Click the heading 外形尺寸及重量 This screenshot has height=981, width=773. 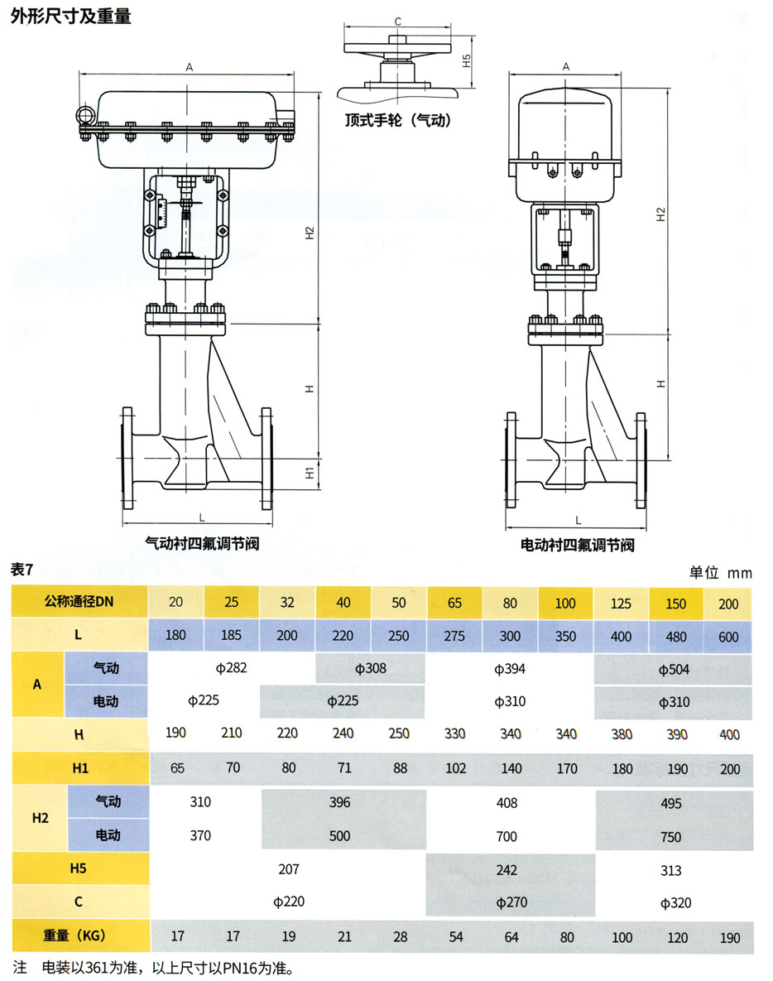pyautogui.click(x=70, y=17)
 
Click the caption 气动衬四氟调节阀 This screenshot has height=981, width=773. pyautogui.click(x=203, y=544)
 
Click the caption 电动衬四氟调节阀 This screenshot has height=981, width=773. pyautogui.click(x=578, y=545)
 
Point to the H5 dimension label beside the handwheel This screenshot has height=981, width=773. pyautogui.click(x=467, y=60)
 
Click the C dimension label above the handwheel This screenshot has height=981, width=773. pyautogui.click(x=398, y=22)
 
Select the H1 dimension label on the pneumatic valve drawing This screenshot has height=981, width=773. pyautogui.click(x=308, y=473)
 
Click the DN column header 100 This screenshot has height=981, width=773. pyautogui.click(x=565, y=603)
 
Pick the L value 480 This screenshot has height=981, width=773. pyautogui.click(x=676, y=637)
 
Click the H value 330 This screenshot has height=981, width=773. pyautogui.click(x=454, y=734)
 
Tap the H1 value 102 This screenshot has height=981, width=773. pyautogui.click(x=454, y=768)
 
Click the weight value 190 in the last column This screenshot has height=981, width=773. pyautogui.click(x=729, y=938)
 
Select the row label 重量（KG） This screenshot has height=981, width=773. pyautogui.click(x=80, y=937)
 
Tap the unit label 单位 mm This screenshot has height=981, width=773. pyautogui.click(x=720, y=572)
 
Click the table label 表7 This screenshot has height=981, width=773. pyautogui.click(x=22, y=570)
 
